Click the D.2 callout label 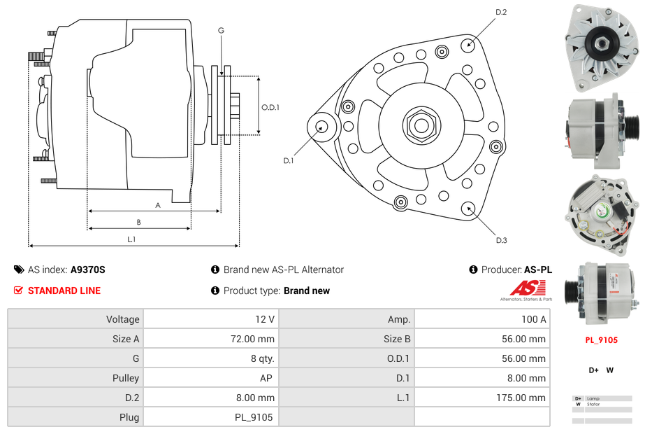point(501,12)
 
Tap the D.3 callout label point(501,240)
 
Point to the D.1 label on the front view point(288,160)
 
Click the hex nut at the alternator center point(420,125)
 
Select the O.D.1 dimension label point(270,107)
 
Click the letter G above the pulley point(221,30)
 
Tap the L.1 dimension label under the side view point(131,239)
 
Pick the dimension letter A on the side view point(158,205)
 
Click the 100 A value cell point(534,319)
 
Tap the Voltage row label point(122,319)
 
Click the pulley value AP point(266,378)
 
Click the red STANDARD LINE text point(64,290)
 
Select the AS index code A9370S point(88,269)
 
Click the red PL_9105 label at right point(601,340)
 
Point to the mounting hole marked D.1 point(322,127)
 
